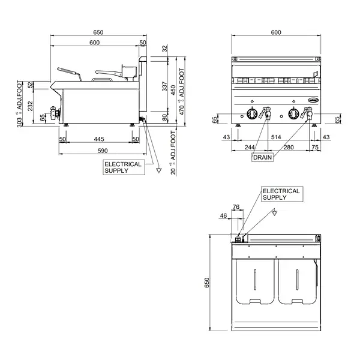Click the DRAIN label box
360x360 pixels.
(262, 157)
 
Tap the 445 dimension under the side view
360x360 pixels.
(99, 139)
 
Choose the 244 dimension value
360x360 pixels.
(249, 147)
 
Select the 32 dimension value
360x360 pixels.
(165, 49)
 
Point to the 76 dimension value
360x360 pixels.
(236, 207)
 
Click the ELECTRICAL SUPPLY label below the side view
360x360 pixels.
(123, 167)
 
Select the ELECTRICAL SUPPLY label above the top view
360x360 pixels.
(281, 194)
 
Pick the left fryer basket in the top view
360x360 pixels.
(255, 280)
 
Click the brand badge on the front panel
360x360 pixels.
(314, 101)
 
